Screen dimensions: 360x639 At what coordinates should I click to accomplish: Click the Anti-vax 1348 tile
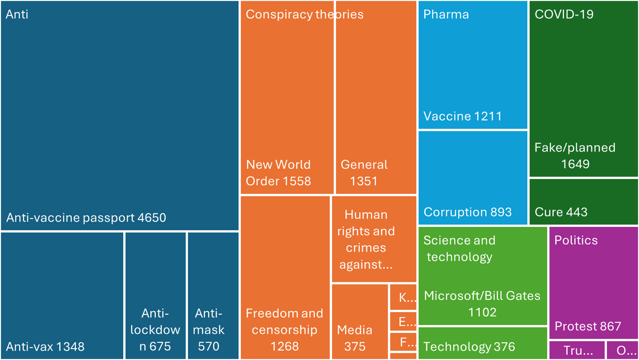tap(62, 295)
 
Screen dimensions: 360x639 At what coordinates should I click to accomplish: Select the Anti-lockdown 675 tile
tap(155, 295)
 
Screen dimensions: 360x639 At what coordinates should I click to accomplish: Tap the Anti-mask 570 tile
tap(213, 295)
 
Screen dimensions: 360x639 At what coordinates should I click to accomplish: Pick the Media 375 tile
tap(359, 321)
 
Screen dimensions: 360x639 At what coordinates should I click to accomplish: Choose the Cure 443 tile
tap(583, 201)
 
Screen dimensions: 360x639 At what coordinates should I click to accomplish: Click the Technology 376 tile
tap(483, 343)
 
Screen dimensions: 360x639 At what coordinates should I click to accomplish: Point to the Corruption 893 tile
tap(473, 177)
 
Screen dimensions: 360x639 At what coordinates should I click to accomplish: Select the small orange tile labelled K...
tap(403, 297)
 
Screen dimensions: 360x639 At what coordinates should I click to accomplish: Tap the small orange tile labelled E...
tap(403, 321)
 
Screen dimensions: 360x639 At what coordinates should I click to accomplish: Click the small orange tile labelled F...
tap(403, 342)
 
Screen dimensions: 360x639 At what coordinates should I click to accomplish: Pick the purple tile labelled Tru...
tap(577, 350)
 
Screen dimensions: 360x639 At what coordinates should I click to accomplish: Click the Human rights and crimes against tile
tap(374, 239)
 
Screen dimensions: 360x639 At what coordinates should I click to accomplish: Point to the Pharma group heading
tap(446, 15)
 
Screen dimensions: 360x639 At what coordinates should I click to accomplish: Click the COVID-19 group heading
tap(564, 15)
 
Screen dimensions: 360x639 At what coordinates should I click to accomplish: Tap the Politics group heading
tap(576, 240)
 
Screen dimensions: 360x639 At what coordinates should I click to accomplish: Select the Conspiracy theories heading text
tap(304, 15)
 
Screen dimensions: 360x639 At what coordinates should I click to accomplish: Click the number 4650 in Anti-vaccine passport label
tap(152, 218)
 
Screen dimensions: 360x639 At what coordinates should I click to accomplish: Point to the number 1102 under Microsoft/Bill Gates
tap(482, 312)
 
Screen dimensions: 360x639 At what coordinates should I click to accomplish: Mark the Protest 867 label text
tap(588, 326)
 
